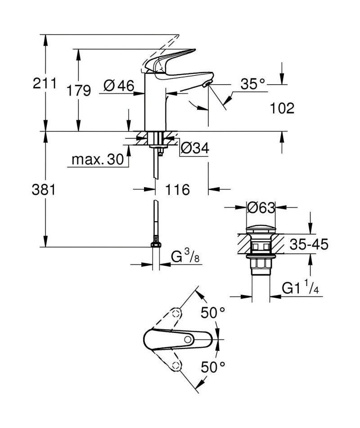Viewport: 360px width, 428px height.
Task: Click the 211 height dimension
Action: coord(45,83)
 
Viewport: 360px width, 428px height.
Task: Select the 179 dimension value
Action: coord(79,91)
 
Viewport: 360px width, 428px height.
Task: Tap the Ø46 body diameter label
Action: coord(119,86)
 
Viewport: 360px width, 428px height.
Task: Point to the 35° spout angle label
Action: coord(252,84)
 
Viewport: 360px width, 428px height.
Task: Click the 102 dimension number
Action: coord(282,108)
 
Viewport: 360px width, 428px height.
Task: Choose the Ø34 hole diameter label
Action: coord(195,148)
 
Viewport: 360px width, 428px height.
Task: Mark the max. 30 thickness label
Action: coord(98,159)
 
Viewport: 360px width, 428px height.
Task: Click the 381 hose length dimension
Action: coord(44,189)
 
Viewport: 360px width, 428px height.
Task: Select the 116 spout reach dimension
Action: coord(178,189)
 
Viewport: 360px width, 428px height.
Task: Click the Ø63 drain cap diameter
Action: coord(261,208)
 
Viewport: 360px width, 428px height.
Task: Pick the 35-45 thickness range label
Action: coord(309,244)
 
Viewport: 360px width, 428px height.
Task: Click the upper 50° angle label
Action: coord(213,313)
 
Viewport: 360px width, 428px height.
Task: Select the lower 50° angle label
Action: coord(213,367)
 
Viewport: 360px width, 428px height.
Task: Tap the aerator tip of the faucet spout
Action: coord(207,84)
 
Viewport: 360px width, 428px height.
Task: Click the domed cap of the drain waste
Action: coord(261,228)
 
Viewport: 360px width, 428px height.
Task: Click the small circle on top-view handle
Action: coord(188,340)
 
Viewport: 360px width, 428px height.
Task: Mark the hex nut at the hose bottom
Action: coord(156,245)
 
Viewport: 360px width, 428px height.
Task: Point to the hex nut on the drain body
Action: coord(261,264)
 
